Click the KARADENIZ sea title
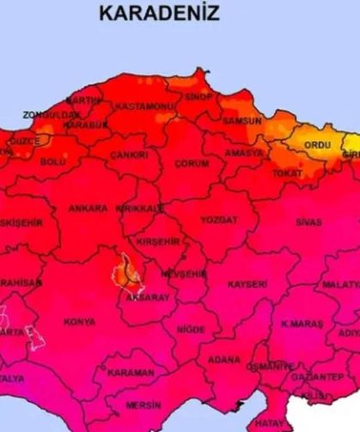point(159,13)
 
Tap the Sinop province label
point(198,97)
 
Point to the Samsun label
point(241,121)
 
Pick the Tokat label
point(287,173)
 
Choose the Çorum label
point(192,163)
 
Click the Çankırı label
point(130,155)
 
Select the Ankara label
point(88,209)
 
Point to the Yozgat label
point(218,220)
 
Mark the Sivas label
point(308,222)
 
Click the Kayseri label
point(247,283)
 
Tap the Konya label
point(79,322)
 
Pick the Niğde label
point(191,330)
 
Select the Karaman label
point(131,373)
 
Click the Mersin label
point(143,405)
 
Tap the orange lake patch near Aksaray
point(126,274)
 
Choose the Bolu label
point(52,161)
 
